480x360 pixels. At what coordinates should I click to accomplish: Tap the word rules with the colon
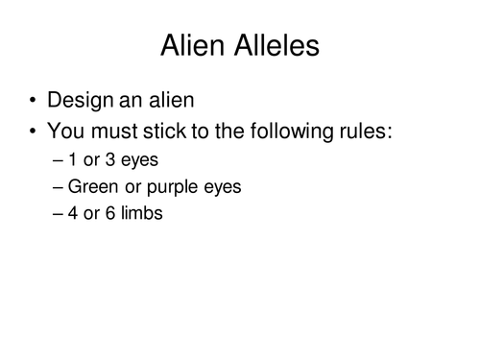click(x=367, y=132)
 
